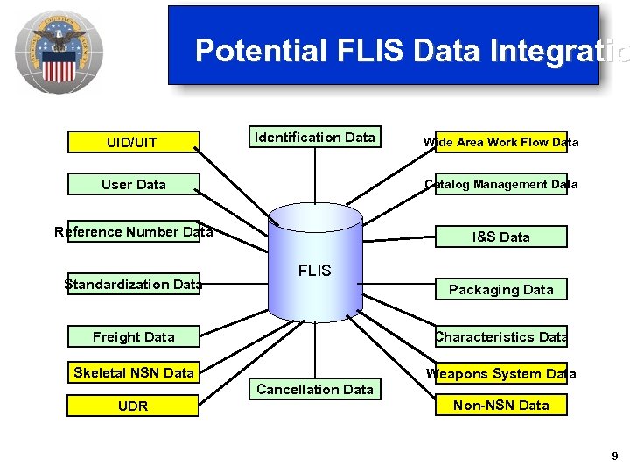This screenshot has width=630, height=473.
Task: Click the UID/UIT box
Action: pos(133,142)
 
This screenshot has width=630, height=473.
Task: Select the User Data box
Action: pos(133,185)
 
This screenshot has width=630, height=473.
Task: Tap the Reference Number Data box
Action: pos(133,232)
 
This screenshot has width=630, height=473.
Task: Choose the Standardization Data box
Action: pos(133,284)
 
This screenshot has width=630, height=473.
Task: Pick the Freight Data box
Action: pos(133,337)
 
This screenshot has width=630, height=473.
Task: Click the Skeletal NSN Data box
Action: pos(133,373)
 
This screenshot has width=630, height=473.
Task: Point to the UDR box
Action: pos(133,406)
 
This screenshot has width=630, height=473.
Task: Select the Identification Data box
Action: pos(314,138)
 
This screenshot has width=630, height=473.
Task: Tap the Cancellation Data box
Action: pos(314,390)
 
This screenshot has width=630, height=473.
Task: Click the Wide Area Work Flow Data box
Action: pos(500,142)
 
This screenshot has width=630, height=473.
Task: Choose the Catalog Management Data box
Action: pos(500,185)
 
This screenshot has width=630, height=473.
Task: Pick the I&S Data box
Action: pos(500,236)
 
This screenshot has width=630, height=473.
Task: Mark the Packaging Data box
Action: pos(500,290)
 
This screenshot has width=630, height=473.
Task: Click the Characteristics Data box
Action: pos(500,337)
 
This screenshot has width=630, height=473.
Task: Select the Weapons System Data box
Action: pos(500,374)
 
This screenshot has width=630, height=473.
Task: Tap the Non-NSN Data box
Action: pos(500,406)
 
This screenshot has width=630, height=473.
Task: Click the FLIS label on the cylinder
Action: pos(314,271)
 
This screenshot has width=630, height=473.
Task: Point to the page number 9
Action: pos(615,456)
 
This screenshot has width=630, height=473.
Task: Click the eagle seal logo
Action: pos(59,52)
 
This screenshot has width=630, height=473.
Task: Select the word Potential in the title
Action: pos(260,51)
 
